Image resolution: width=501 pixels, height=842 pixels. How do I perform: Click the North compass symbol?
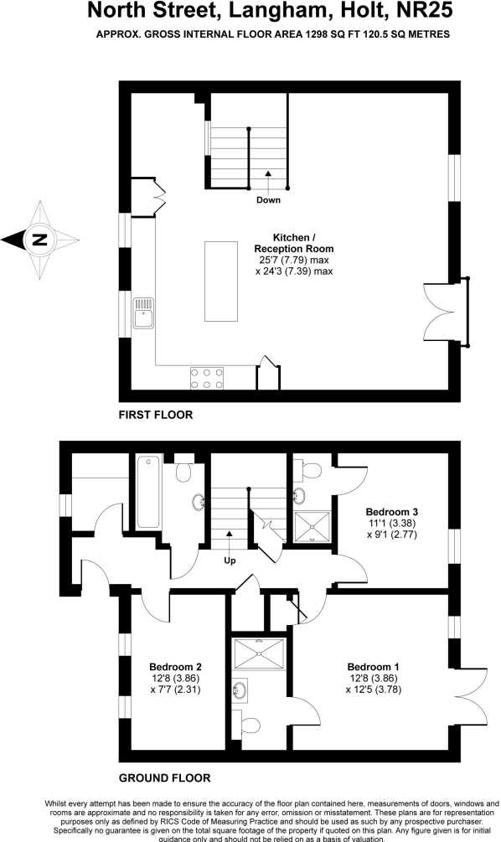coord(39,240)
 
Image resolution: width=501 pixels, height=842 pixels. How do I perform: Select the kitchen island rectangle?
coord(221,281)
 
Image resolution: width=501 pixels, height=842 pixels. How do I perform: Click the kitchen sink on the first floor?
coord(142,313)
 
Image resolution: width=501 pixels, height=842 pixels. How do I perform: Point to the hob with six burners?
coord(207,377)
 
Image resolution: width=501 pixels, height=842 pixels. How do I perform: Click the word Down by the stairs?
coord(268,199)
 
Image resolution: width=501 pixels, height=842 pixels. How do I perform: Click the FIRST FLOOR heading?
coord(156,415)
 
